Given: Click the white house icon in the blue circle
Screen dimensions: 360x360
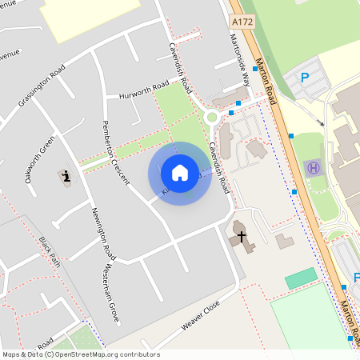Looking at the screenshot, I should (180, 173).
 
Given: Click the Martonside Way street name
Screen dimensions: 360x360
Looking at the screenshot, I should (240, 59).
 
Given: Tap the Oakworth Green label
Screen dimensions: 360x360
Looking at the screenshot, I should (39, 159).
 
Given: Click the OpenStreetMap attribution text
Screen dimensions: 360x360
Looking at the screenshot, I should (80, 354).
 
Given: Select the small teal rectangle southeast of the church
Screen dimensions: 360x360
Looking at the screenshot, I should (301, 278).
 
